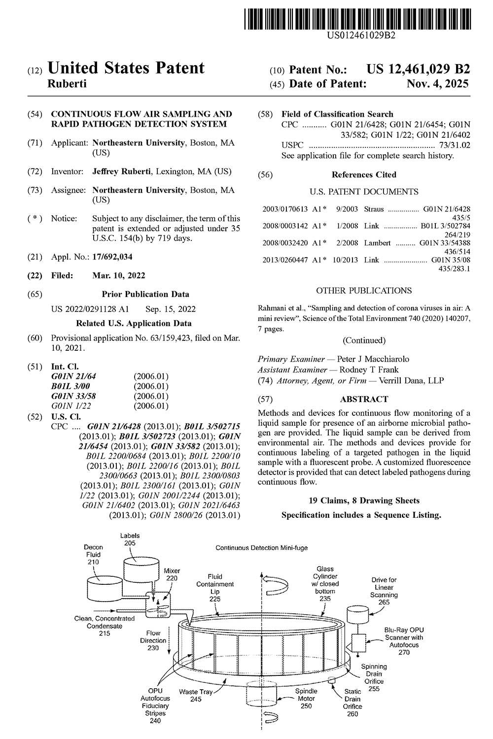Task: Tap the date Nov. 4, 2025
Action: (x=437, y=84)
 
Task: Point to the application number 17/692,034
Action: (x=112, y=257)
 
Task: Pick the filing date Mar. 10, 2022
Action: (x=119, y=275)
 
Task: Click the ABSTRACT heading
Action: (x=364, y=399)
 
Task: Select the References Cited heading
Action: (x=364, y=174)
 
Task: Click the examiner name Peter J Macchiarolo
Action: (x=373, y=359)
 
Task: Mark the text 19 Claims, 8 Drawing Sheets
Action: (x=364, y=501)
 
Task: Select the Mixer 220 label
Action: (x=172, y=574)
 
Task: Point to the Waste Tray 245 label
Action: (x=196, y=695)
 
